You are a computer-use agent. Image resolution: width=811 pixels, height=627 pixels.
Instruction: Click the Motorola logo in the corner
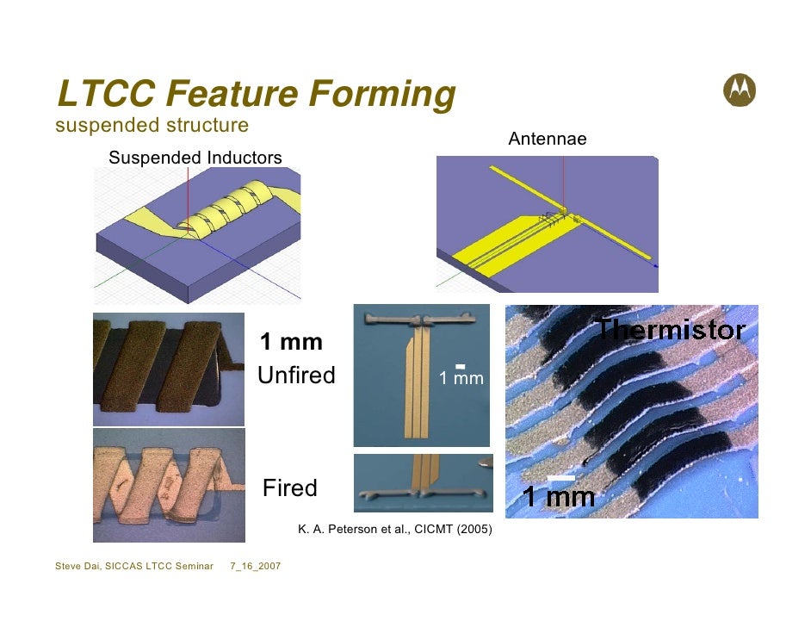[740, 89]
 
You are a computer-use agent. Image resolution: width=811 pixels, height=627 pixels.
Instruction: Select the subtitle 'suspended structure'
[152, 126]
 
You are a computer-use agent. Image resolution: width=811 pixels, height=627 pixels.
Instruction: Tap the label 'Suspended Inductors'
[195, 158]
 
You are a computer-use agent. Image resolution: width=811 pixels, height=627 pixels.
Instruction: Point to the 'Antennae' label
[548, 139]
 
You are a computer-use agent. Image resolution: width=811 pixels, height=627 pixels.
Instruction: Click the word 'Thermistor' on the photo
[671, 329]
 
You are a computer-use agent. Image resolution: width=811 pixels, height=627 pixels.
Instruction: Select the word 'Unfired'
[296, 376]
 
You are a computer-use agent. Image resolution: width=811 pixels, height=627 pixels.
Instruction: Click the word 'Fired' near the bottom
[289, 488]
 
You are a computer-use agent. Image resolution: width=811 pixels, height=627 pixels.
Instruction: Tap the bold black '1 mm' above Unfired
[291, 343]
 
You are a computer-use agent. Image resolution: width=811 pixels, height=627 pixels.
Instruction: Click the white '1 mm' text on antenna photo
[461, 378]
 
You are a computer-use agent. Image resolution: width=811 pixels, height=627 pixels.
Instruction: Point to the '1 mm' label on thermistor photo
[559, 497]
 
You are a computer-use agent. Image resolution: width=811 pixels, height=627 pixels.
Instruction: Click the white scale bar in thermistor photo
[560, 476]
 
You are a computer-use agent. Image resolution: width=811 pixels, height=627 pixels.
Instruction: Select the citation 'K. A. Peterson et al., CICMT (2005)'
[394, 529]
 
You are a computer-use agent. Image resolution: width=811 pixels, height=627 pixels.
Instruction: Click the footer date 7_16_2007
[260, 566]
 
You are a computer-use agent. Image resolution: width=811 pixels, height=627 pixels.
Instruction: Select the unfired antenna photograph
[420, 375]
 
